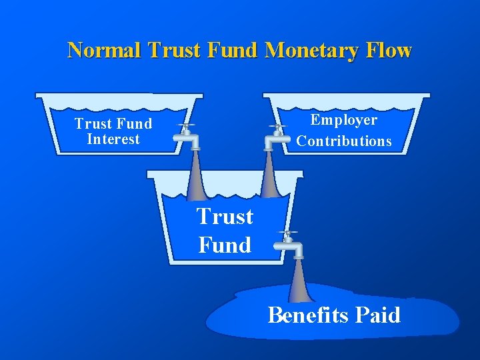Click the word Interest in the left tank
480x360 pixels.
(x=113, y=139)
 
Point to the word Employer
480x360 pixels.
(x=344, y=120)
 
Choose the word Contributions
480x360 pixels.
(x=344, y=141)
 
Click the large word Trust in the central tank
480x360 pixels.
(x=225, y=217)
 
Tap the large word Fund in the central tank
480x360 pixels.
(x=225, y=245)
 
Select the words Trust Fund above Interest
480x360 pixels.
(x=113, y=123)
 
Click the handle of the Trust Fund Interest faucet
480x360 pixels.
(x=186, y=125)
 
